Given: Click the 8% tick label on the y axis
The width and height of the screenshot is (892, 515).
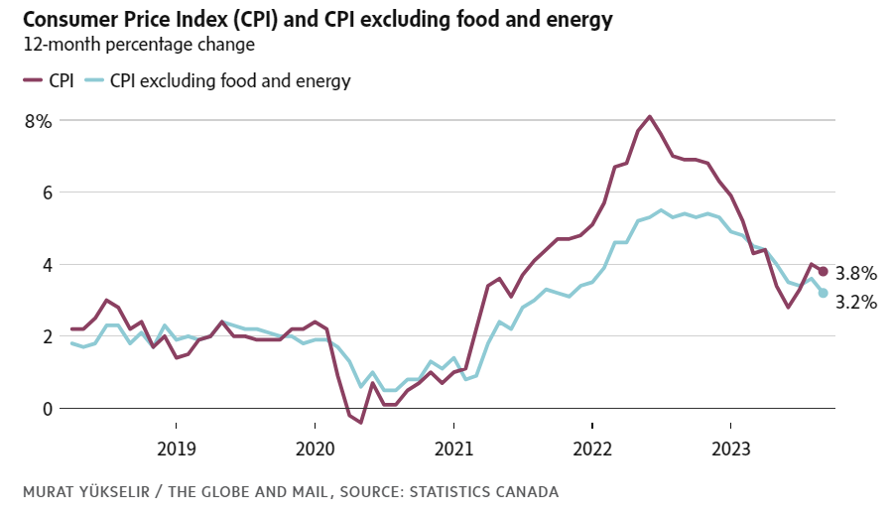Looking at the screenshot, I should tap(38, 120).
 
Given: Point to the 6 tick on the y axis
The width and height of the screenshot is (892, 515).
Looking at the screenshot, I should tap(44, 193).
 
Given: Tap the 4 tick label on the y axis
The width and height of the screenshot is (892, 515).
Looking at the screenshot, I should tap(44, 265).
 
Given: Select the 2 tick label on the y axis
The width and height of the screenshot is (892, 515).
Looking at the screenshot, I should tap(44, 336).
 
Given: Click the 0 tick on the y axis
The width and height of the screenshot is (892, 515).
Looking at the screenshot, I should tap(44, 408).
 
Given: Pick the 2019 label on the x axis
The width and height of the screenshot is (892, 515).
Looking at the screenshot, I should tap(177, 447).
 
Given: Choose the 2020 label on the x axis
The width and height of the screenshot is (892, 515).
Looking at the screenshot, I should tap(315, 447).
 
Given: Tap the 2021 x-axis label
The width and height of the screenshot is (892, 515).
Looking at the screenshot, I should tap(453, 447).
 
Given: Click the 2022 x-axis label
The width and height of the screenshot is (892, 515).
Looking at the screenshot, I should tap(592, 447).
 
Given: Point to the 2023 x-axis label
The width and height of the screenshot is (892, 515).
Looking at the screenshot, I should tap(731, 447).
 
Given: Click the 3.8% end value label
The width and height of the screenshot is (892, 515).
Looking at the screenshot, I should tap(856, 273).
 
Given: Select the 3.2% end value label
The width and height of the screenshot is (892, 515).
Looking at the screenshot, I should tap(856, 303).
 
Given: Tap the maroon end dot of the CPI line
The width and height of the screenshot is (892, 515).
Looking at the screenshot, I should tap(824, 272).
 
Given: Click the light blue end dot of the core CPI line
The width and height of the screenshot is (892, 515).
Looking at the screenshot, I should tap(824, 293).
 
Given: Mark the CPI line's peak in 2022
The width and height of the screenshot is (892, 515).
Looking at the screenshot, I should tap(649, 117).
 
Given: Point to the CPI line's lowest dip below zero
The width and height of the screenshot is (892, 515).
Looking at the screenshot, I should tap(361, 423).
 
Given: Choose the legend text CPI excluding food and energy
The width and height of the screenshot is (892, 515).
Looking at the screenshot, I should tap(230, 80).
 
